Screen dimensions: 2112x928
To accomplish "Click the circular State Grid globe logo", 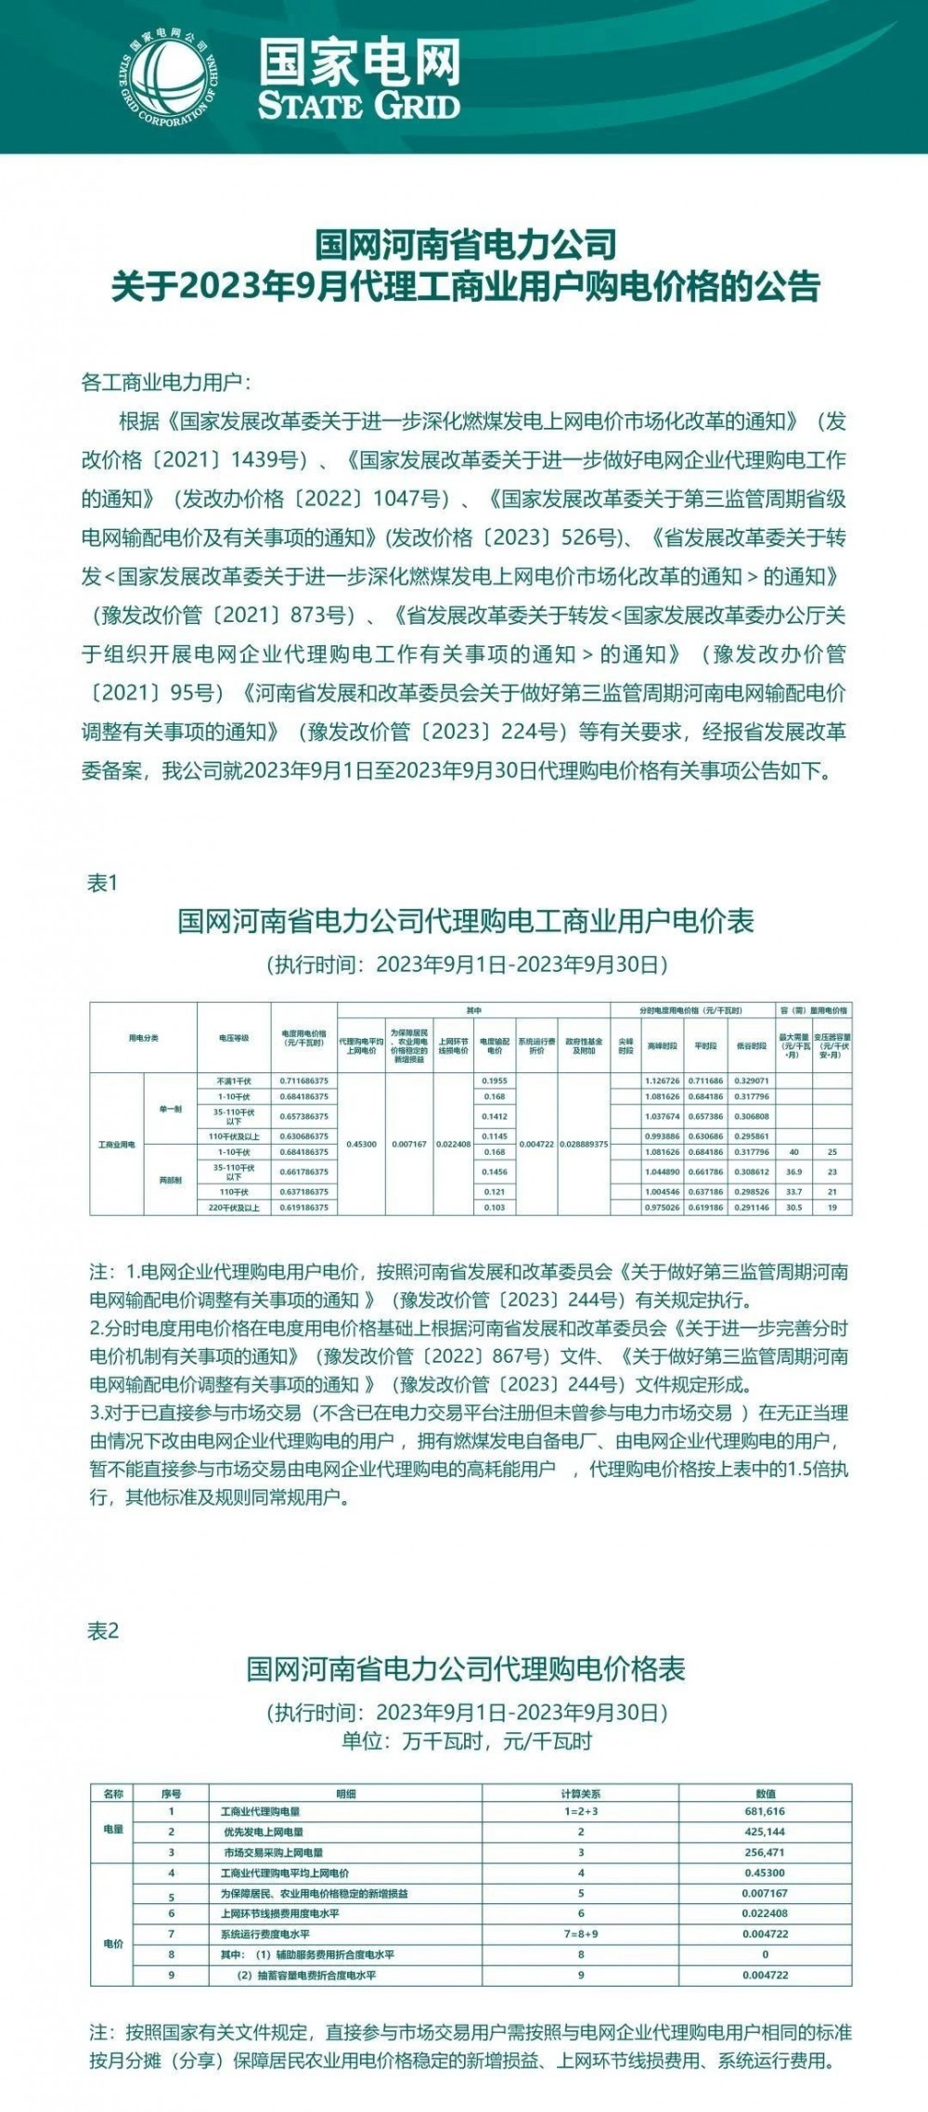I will pyautogui.click(x=173, y=75).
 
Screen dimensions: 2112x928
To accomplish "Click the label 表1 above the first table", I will pyautogui.click(x=102, y=883).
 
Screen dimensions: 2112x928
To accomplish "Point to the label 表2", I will pyautogui.click(x=103, y=1631).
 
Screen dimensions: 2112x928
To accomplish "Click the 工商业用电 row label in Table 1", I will pyautogui.click(x=117, y=1144).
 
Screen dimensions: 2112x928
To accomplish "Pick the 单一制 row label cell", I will pyautogui.click(x=170, y=1109).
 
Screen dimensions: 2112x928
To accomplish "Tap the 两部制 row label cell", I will pyautogui.click(x=170, y=1180).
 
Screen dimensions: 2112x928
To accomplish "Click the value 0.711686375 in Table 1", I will pyautogui.click(x=304, y=1082).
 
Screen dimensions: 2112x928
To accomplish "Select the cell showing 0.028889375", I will pyautogui.click(x=585, y=1144).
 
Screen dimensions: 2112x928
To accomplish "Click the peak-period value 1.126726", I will pyautogui.click(x=662, y=1082).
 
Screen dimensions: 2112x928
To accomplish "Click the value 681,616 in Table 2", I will pyautogui.click(x=766, y=1810).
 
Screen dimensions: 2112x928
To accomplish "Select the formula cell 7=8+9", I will pyautogui.click(x=581, y=1933).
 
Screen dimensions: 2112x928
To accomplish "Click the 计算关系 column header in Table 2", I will pyautogui.click(x=581, y=1794).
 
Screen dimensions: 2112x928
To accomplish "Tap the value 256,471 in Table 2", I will pyautogui.click(x=766, y=1851).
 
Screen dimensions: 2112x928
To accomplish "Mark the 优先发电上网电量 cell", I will pyautogui.click(x=264, y=1832).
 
